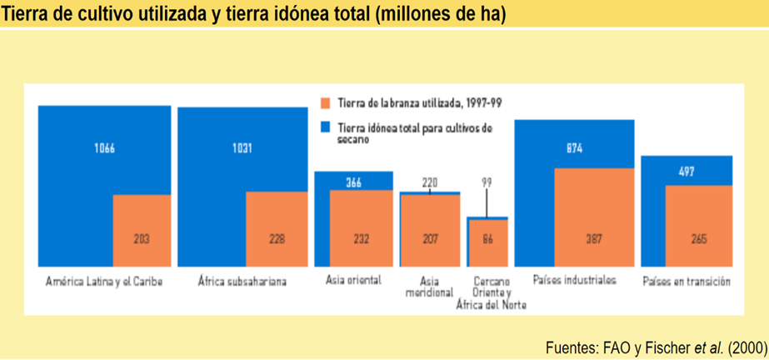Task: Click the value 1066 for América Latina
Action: tap(104, 149)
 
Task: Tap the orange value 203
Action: tap(142, 239)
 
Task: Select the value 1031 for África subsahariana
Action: tap(242, 149)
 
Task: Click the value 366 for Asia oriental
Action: tap(353, 182)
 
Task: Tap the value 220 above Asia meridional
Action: tap(430, 182)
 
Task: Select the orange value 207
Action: tap(430, 239)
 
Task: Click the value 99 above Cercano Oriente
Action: tap(487, 182)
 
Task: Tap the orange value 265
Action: tap(698, 239)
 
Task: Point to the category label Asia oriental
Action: tap(353, 280)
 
